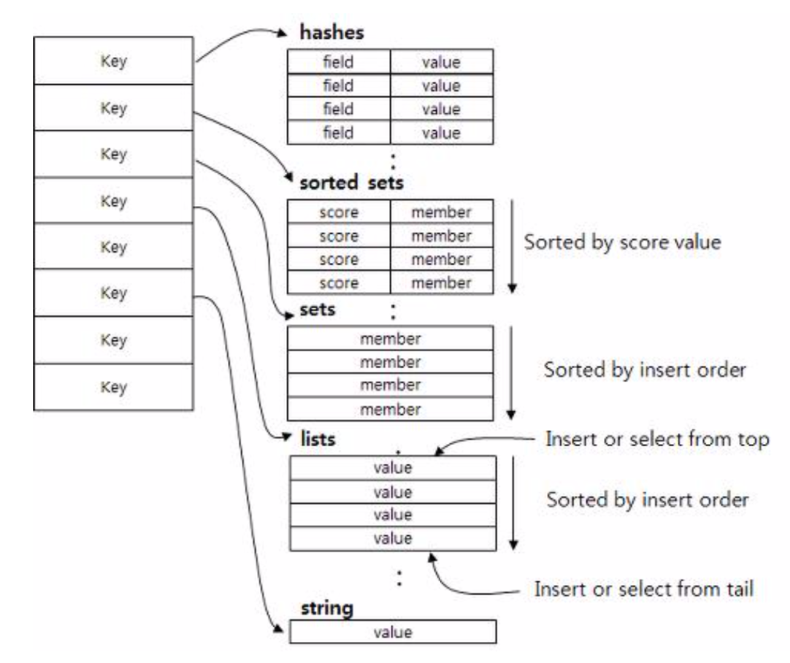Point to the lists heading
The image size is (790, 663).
click(x=318, y=440)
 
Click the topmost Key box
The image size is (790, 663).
click(x=113, y=61)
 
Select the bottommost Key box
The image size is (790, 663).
click(x=113, y=386)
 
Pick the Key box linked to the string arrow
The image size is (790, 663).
click(x=113, y=294)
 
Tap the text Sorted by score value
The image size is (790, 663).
click(x=623, y=243)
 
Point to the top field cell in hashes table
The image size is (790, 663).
click(x=339, y=62)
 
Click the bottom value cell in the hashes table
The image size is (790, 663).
click(x=442, y=133)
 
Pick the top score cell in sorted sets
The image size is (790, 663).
click(x=339, y=212)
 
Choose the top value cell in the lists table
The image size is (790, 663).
click(x=393, y=467)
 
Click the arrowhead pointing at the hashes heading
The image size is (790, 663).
click(x=285, y=33)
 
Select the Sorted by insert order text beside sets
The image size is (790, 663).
click(x=644, y=370)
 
